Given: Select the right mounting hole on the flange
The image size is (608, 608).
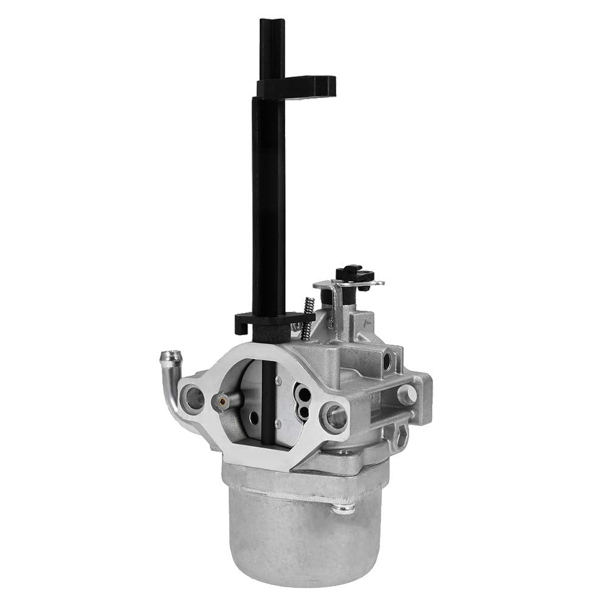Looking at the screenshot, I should point(336,416).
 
